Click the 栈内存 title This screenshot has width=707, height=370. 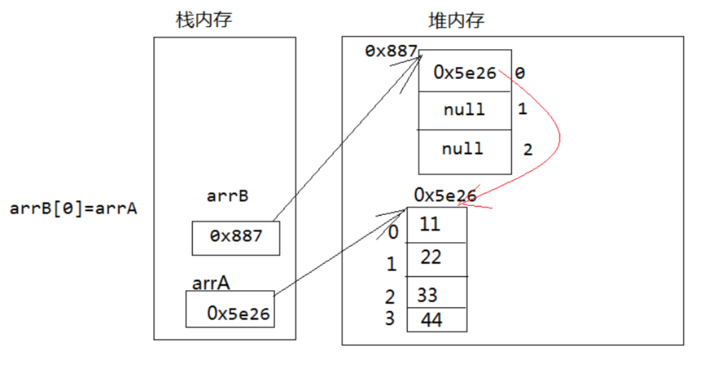(x=204, y=20)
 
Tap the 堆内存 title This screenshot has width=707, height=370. (x=456, y=21)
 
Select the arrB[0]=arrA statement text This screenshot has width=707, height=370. (x=73, y=208)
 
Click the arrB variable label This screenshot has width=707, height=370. (x=227, y=197)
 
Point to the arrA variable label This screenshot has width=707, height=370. (x=211, y=283)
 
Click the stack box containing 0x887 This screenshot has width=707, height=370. (x=235, y=237)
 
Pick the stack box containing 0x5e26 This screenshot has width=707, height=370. (x=230, y=308)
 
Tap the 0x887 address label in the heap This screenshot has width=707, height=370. (x=392, y=51)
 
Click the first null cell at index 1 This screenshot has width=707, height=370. (x=464, y=110)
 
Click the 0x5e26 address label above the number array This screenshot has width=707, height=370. (x=445, y=195)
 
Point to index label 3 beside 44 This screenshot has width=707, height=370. (x=389, y=318)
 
